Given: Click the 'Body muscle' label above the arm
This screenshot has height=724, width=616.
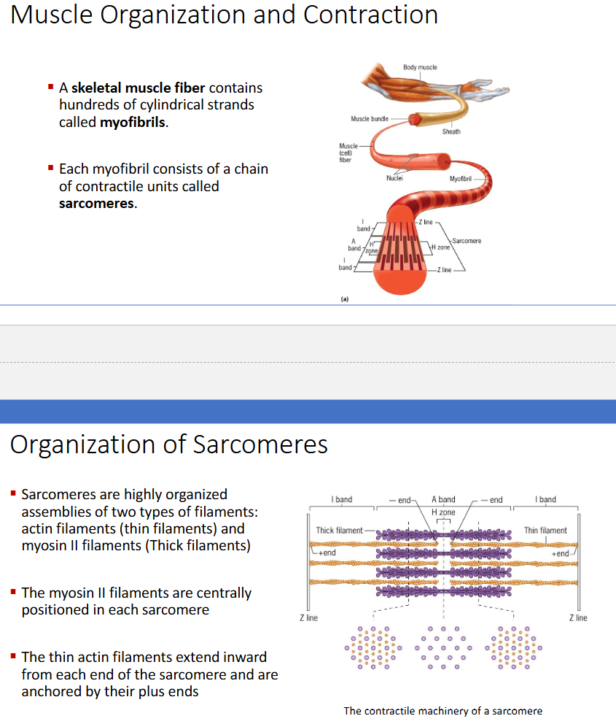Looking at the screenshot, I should pos(420,67).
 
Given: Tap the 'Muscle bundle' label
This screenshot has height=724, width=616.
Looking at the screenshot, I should pos(369,118).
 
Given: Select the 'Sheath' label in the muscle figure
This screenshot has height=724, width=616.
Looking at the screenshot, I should pos(451,131).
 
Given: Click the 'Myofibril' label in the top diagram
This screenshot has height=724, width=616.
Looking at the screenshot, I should pos(461,178).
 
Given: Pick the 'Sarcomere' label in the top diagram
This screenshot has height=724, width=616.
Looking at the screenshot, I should pos(467,240).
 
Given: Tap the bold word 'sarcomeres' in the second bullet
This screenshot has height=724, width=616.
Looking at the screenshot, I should pos(97,204).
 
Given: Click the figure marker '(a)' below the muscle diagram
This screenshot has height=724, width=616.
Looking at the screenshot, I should pos(344,299).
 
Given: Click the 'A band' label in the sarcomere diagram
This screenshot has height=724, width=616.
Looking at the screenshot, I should pos(443,500).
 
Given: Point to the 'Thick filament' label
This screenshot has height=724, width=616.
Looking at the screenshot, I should pos(339,531).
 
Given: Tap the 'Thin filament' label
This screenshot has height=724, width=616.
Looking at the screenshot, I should pos(545,531).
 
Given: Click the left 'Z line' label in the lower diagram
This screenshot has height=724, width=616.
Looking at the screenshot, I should pos(308,618).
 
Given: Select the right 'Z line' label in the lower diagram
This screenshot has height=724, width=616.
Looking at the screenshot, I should pos(577,618).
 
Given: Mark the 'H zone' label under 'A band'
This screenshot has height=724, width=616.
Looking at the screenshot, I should pos(443,512).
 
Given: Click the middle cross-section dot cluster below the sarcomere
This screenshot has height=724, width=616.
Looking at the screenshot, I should pos(443,648).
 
